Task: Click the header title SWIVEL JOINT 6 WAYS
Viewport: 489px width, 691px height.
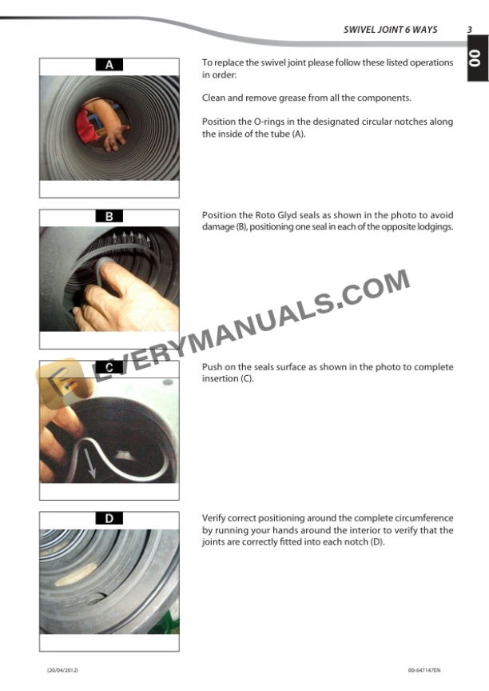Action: coord(390,30)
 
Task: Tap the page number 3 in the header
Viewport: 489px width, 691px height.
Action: coord(470,30)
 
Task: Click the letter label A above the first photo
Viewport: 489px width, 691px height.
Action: coord(109,65)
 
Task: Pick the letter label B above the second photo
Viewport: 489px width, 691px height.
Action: coord(109,216)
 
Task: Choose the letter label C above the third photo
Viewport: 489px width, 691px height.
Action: coord(109,367)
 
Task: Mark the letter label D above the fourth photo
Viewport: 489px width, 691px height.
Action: coord(109,518)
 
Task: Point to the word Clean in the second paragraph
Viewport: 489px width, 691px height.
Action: coord(214,98)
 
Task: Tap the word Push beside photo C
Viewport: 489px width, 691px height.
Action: coord(213,367)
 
